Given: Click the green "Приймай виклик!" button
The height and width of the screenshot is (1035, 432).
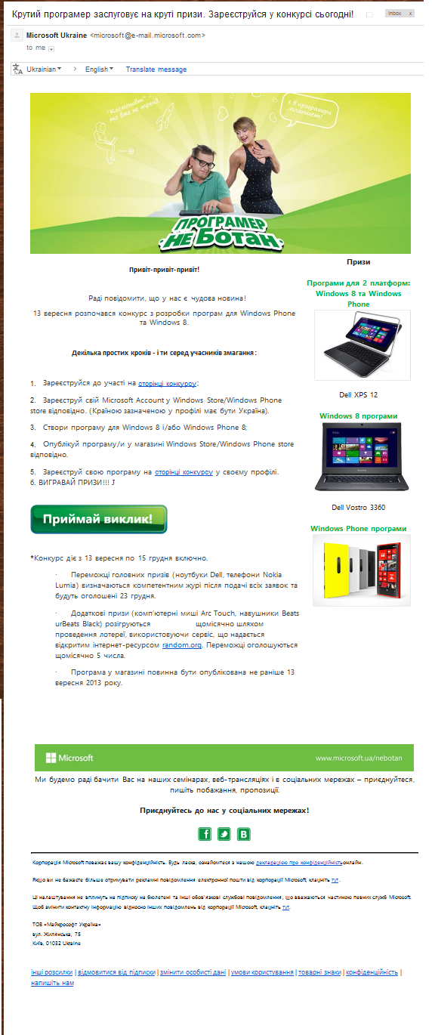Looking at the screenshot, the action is coord(98,519).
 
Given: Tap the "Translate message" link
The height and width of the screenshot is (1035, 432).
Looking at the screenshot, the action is coord(156,70).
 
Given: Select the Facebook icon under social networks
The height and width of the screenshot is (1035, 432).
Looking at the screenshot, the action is coord(205,834).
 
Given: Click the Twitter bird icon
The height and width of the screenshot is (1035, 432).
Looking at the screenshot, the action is coord(224,834).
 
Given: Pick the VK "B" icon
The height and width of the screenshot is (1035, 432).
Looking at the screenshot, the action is coord(244,834).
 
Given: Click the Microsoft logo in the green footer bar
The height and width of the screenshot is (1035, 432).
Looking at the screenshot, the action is coord(69,758).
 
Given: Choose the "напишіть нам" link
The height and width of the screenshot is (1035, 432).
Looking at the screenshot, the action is coord(52,983).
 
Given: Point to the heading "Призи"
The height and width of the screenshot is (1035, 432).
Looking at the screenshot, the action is coord(358,262).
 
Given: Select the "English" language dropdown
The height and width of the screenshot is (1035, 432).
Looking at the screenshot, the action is coord(98,70).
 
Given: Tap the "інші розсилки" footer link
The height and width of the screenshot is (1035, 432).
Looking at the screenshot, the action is coord(52,972).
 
